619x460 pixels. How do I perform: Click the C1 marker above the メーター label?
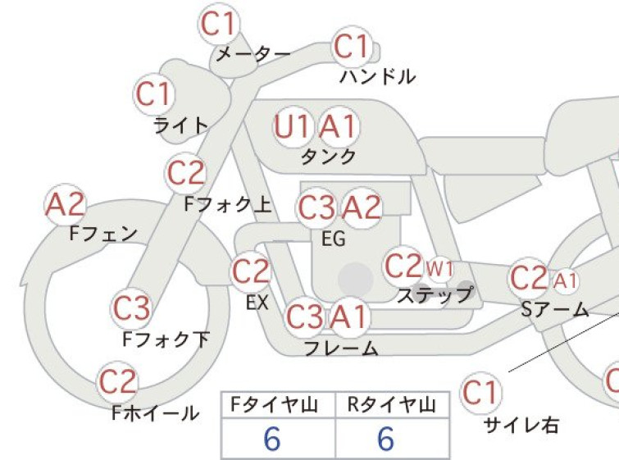point(219,23)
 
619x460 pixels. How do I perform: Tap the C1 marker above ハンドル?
point(353,47)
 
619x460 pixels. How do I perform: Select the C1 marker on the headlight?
point(154,94)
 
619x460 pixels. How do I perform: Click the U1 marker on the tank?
point(292,127)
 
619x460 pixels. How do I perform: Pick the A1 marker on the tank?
point(339,127)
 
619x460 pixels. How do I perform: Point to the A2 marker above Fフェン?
point(66,204)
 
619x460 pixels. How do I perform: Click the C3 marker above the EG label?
point(316,208)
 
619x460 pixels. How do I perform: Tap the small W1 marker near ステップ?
point(439,269)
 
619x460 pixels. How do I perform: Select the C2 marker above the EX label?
point(251,271)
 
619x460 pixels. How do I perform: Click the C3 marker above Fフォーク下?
point(131,308)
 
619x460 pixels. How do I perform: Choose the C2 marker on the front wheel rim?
point(117,382)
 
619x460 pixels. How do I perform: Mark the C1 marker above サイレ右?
point(480,393)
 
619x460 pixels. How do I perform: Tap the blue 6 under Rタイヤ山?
point(385,439)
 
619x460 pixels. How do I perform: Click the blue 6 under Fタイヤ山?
point(272,439)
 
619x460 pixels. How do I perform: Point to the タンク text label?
point(329,157)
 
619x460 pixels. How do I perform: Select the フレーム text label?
point(341,348)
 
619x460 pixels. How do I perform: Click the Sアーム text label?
point(555,310)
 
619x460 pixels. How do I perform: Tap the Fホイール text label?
point(156,413)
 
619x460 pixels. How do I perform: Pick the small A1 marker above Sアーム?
point(565,281)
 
